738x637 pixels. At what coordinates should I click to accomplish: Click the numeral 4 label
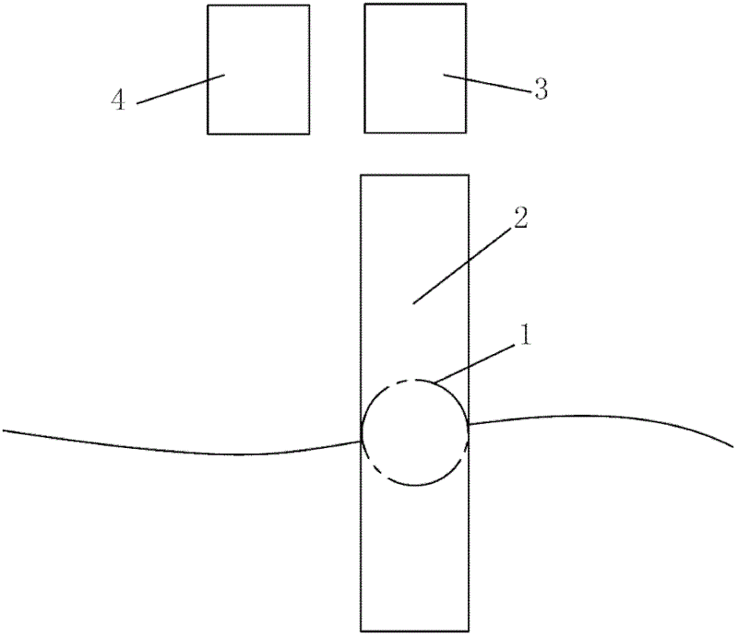[118, 100]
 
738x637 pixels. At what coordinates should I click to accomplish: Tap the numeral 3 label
[541, 89]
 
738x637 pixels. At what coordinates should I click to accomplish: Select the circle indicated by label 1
[415, 432]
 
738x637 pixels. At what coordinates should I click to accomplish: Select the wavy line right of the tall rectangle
[600, 417]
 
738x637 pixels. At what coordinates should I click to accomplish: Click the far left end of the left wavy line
[5, 430]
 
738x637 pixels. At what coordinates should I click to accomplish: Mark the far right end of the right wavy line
[733, 446]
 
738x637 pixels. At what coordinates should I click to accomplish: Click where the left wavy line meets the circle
[362, 441]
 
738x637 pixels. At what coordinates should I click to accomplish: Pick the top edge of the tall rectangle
[414, 174]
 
